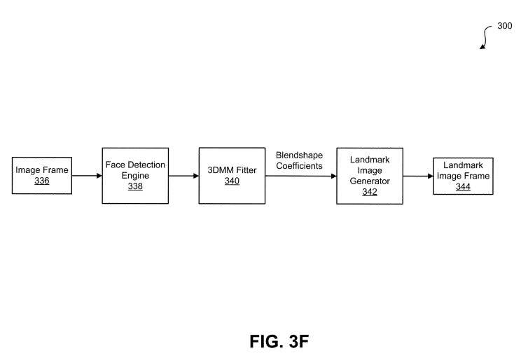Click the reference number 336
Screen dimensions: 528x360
click(x=42, y=181)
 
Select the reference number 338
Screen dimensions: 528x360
click(x=135, y=186)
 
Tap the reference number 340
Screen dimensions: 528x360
click(x=232, y=181)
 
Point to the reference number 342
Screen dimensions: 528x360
click(x=370, y=192)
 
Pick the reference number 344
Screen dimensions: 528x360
click(x=463, y=186)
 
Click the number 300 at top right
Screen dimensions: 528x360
click(x=505, y=26)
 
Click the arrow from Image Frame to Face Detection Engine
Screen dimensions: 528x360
click(x=87, y=176)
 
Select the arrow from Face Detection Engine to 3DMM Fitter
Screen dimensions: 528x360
click(x=183, y=176)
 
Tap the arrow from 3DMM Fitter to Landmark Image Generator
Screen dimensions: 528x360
click(x=300, y=176)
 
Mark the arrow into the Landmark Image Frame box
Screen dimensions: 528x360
click(x=418, y=176)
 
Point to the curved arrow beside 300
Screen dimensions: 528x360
click(x=485, y=36)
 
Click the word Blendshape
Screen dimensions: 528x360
click(x=299, y=155)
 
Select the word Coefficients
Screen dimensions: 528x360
click(x=299, y=166)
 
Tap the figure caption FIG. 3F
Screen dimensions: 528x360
click(x=279, y=342)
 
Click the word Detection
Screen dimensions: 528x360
click(x=147, y=165)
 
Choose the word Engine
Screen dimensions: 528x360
click(x=135, y=176)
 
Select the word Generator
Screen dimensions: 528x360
click(x=370, y=181)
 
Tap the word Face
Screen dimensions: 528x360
click(x=116, y=165)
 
